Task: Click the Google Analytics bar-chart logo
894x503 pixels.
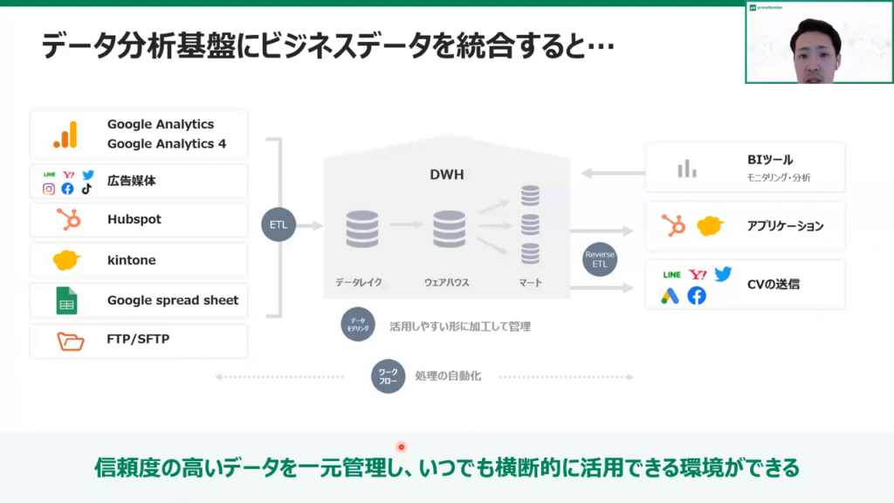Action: (x=65, y=134)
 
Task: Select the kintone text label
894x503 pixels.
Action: (x=132, y=259)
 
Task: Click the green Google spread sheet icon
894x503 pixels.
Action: (x=67, y=300)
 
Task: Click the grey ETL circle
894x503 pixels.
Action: (x=279, y=225)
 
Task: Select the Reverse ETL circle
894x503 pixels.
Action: (x=600, y=259)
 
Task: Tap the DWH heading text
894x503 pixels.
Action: (x=446, y=175)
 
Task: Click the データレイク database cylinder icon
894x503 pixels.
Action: (x=361, y=229)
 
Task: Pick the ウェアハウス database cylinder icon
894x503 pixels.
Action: (x=449, y=229)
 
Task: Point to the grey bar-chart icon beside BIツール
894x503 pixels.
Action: (x=687, y=169)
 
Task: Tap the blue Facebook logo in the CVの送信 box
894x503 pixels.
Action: (x=696, y=296)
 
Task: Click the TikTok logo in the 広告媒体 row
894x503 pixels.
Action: (x=86, y=189)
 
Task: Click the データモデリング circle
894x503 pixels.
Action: (x=358, y=325)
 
